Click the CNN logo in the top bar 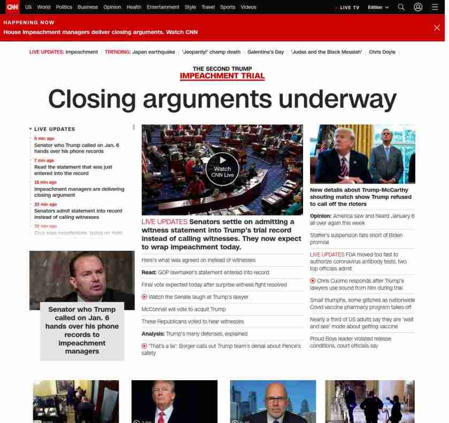tap(12, 7)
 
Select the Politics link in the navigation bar tap(64, 7)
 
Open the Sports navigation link tap(228, 7)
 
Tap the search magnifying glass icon tap(401, 7)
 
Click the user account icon tap(418, 7)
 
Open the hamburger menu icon tap(435, 7)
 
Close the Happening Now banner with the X tap(437, 27)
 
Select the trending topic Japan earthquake tap(153, 52)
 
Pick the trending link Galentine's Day tap(266, 52)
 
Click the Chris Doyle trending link tap(382, 52)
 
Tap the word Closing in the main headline tap(91, 99)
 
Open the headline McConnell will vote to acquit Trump tap(184, 309)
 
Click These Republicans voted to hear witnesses tap(192, 321)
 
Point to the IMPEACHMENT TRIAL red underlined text tap(222, 76)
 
